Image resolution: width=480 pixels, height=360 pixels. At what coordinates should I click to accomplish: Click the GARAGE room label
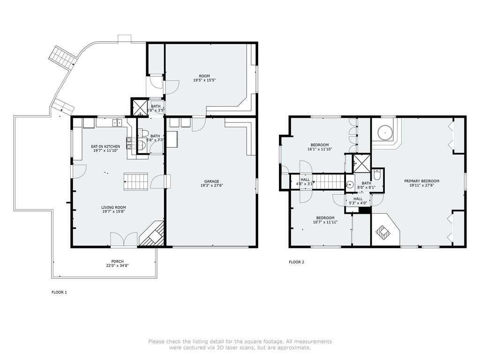pos(211,181)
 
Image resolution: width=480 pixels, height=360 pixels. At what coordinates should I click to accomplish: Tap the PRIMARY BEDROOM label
pos(421,181)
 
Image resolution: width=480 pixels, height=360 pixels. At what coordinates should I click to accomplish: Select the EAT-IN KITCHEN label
pos(105,146)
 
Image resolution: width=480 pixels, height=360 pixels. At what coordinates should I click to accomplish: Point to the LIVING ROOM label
pos(113,207)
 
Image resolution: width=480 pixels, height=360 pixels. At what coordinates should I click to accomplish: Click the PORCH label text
pos(117,262)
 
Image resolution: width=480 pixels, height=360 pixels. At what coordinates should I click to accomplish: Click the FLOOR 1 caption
pos(59,292)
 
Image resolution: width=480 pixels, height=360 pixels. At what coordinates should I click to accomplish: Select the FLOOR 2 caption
pos(296,262)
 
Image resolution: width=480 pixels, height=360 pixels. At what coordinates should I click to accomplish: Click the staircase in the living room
pos(135,181)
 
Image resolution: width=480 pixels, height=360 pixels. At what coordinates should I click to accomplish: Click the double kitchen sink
pos(117,123)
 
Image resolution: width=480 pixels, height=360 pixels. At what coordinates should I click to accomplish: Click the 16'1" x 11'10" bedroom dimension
pos(320,149)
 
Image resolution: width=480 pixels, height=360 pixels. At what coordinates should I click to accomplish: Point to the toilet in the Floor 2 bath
pos(377,175)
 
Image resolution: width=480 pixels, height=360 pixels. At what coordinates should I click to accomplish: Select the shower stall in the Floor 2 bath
pos(361,164)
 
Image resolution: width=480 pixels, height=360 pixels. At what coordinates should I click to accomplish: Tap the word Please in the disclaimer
pos(157,341)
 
